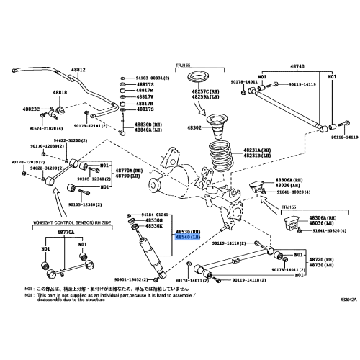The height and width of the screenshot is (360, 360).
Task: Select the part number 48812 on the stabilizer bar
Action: [77, 70]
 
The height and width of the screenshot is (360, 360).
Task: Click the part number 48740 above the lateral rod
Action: [297, 66]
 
